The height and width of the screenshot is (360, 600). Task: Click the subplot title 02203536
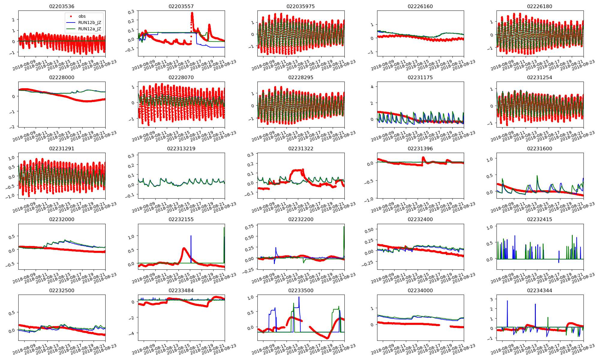tap(61, 6)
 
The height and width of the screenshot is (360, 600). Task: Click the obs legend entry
tap(82, 16)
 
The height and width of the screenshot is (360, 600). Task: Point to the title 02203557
tap(181, 6)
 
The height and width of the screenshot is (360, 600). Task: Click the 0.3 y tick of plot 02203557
tap(131, 12)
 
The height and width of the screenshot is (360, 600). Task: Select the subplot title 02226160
tap(420, 6)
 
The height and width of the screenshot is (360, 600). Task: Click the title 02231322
tap(301, 148)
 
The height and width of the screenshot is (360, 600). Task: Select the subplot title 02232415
tap(539, 219)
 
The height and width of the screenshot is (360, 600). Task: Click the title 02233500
tap(301, 290)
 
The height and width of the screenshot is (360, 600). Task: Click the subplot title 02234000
tap(420, 290)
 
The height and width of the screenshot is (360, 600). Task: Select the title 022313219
tap(181, 148)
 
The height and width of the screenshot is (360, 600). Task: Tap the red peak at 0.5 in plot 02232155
tap(184, 248)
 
